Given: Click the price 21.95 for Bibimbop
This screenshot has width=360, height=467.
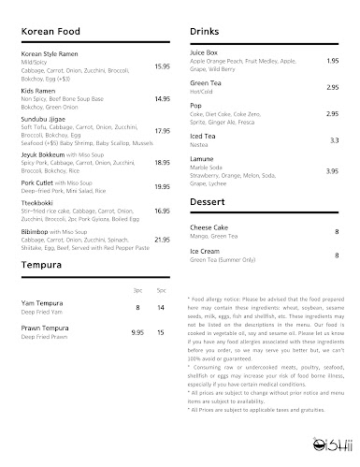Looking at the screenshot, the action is [x=162, y=239].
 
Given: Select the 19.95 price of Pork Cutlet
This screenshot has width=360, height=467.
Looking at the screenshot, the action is [x=162, y=187].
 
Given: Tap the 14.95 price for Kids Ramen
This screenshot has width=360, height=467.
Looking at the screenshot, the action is [x=162, y=98].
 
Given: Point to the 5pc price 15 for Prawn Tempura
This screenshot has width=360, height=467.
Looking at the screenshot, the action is [x=162, y=331].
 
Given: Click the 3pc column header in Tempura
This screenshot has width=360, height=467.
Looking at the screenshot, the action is [x=137, y=290].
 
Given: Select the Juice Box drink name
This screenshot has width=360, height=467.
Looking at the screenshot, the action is [x=204, y=54].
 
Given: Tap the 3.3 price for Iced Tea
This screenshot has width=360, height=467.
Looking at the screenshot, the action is [x=334, y=139].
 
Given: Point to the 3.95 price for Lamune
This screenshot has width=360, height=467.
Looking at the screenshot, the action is [x=332, y=171].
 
